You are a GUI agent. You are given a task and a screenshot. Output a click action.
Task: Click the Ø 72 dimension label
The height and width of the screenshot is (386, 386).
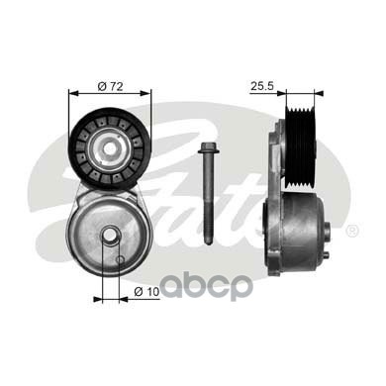pos(110,86)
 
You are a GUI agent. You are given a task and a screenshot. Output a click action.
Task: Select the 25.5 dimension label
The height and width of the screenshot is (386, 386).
pos(262,86)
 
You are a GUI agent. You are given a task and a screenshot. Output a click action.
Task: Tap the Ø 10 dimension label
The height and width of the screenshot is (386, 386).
pos(146,291)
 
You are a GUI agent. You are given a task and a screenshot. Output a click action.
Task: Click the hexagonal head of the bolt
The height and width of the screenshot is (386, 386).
pos(207,148)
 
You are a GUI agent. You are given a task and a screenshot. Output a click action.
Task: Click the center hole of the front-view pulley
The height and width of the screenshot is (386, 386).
pos(110,148)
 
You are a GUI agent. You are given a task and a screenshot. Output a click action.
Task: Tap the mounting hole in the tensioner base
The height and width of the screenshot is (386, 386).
pos(111,235)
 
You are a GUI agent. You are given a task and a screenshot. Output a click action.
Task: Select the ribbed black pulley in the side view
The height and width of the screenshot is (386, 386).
pos(300,147)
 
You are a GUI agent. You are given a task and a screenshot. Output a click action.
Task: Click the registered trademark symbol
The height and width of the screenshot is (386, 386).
pos(351,231)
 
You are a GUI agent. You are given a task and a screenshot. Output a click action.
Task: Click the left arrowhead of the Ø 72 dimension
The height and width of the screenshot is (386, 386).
pos(72,93)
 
